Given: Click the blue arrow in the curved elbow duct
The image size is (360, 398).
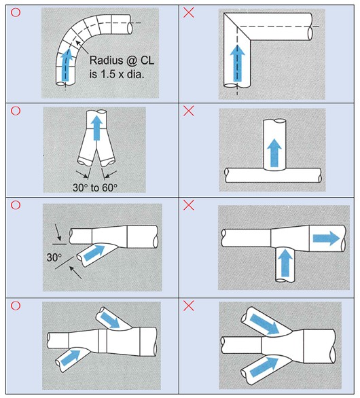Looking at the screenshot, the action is (x=66, y=65).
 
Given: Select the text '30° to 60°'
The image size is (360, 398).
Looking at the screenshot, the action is (x=95, y=187).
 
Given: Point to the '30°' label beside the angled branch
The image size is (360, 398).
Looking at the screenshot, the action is (x=54, y=257).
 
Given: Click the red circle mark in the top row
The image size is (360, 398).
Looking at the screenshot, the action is (x=16, y=12).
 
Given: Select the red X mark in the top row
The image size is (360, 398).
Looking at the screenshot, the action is (x=189, y=12).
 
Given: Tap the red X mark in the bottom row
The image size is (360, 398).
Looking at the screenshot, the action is (x=189, y=306).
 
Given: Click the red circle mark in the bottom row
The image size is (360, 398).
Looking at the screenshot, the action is (x=16, y=306).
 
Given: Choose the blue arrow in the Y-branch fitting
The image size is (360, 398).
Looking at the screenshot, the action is (x=96, y=128).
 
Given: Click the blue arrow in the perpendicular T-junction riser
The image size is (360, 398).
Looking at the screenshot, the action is (x=274, y=153).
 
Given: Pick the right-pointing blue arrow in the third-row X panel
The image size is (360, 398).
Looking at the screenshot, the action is (x=326, y=238).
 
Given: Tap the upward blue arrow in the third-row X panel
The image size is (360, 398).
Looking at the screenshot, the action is (x=285, y=263).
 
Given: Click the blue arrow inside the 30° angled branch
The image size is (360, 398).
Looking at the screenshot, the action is (x=94, y=253).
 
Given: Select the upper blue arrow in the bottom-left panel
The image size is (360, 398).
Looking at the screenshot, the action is (x=110, y=320).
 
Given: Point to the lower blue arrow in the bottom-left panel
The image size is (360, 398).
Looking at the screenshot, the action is (x=71, y=358).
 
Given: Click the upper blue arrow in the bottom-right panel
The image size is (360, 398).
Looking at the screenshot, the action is (x=264, y=324).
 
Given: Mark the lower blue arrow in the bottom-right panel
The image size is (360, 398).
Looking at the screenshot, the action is (x=264, y=367).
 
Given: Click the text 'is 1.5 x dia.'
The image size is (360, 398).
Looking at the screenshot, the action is (x=117, y=74).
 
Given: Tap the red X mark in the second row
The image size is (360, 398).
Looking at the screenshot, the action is (x=189, y=111).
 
